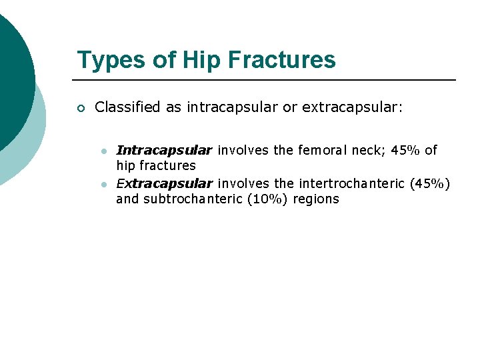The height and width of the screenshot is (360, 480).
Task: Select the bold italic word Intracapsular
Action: click(x=164, y=150)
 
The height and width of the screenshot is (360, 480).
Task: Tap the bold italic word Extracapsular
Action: click(x=164, y=183)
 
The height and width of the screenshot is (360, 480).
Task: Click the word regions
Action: click(x=316, y=199)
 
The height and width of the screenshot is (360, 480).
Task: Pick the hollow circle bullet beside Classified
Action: click(x=81, y=108)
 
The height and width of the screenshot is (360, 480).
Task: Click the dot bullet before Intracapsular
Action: click(x=104, y=151)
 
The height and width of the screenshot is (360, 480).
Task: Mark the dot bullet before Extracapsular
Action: click(x=104, y=184)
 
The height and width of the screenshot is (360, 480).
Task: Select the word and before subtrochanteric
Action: click(x=127, y=199)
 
